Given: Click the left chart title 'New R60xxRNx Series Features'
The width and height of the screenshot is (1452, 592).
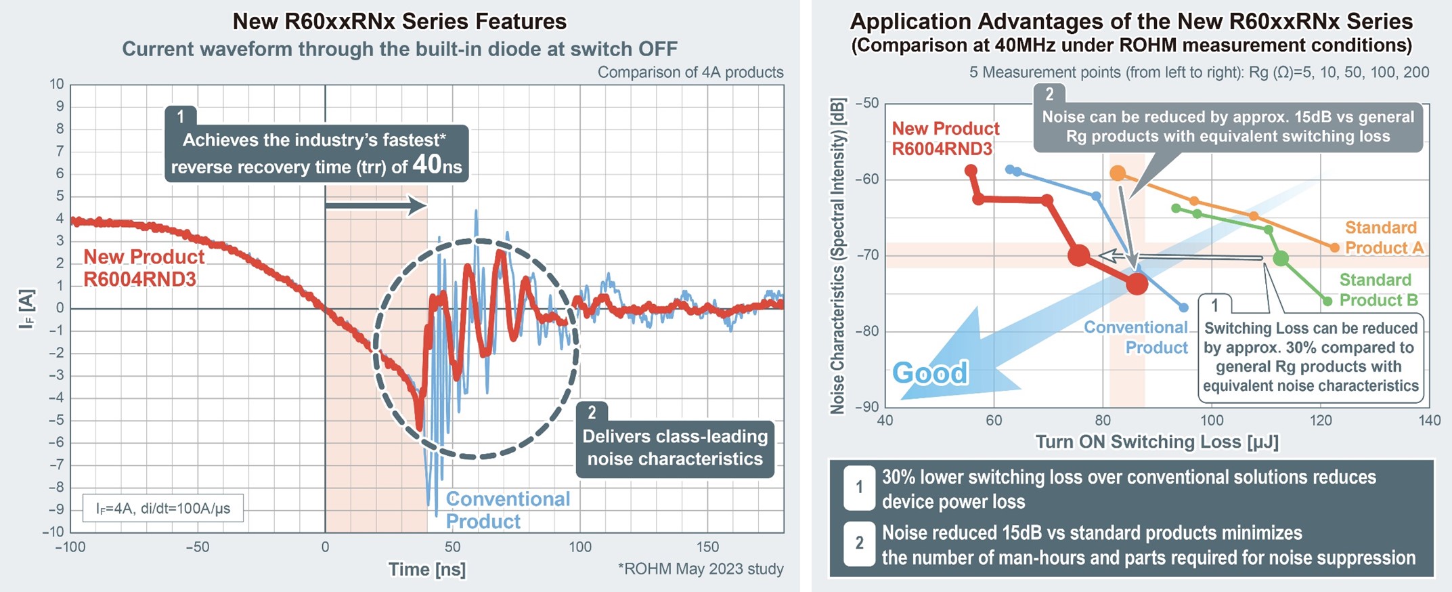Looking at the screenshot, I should [x=399, y=21].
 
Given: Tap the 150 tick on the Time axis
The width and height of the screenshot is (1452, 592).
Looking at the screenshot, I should [x=707, y=547].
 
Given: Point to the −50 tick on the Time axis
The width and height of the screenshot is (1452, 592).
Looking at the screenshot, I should [x=197, y=547].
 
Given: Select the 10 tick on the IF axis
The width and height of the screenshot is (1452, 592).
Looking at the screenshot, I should [x=57, y=84].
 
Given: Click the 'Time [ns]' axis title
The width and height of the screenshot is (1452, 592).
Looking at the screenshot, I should [x=426, y=569].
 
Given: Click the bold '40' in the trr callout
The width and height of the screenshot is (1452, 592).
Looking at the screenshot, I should [x=426, y=164].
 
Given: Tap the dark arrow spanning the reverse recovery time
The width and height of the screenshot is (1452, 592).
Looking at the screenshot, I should [x=376, y=205].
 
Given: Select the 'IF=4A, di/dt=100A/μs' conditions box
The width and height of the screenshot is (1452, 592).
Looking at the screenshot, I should [x=162, y=508].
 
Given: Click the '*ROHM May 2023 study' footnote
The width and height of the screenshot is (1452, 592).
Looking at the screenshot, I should [x=701, y=569].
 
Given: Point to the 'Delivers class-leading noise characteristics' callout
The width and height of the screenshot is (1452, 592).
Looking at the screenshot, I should [x=675, y=447].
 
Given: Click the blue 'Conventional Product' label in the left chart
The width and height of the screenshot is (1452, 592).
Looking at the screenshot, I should [x=508, y=510].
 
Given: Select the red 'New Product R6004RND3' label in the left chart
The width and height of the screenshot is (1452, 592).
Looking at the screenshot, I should [x=144, y=268].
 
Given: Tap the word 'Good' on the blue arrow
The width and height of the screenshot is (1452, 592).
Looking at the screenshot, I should [x=930, y=373].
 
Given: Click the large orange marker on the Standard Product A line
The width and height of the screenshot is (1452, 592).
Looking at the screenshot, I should [x=1118, y=173].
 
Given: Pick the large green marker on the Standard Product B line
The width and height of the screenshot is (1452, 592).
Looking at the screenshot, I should [x=1280, y=259].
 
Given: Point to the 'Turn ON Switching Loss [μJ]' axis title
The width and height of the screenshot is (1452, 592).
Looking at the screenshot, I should [x=1157, y=442].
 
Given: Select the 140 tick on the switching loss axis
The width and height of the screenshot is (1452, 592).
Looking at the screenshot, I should [x=1429, y=421].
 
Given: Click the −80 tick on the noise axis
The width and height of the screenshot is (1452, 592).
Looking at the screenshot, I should [x=866, y=331].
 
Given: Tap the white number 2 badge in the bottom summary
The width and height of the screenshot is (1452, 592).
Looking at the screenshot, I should [x=859, y=543].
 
